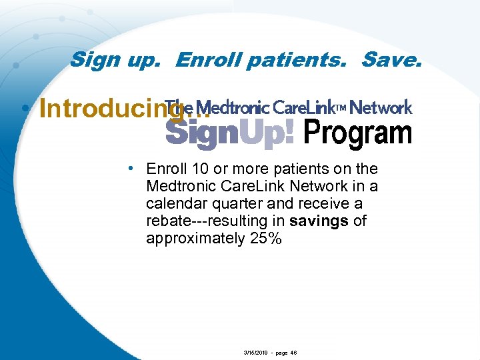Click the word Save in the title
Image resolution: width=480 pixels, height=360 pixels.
point(389,61)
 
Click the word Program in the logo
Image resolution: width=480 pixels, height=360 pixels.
point(358,133)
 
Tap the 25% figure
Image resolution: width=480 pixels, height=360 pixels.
point(265,238)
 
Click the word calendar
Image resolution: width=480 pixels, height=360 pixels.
point(174,203)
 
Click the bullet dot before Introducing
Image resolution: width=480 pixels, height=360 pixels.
point(25,109)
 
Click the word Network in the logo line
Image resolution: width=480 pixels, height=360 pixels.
point(381,108)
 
